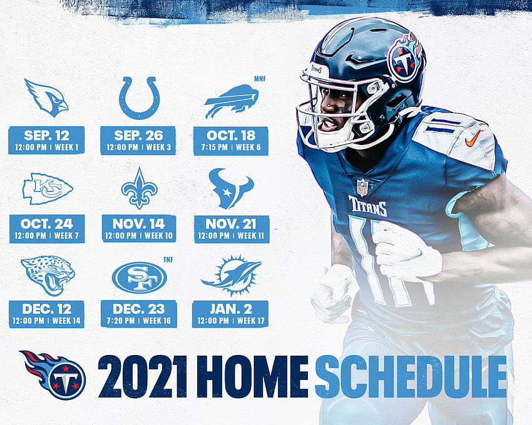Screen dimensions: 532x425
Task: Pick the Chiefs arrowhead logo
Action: click(48, 189)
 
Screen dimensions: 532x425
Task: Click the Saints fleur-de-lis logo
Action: click(139, 188)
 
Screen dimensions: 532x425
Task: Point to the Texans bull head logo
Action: click(231, 189)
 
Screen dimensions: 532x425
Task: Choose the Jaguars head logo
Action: click(48, 275)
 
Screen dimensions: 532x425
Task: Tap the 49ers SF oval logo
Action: click(140, 277)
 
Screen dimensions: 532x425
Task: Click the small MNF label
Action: click(260, 79)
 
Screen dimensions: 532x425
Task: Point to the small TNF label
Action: click(168, 259)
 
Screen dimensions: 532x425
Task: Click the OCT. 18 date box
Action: click(231, 141)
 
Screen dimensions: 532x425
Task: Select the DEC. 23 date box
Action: click(139, 314)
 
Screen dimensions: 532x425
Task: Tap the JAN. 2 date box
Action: click(230, 314)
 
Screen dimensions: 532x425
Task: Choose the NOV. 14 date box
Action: click(139, 228)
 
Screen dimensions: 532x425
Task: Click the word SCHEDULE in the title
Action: click(411, 376)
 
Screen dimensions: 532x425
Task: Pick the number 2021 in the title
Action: click(143, 376)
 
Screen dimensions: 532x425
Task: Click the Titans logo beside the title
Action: click(53, 374)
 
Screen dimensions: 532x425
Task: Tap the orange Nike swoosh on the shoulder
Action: click(473, 138)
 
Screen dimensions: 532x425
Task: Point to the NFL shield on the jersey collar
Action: click(362, 187)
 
